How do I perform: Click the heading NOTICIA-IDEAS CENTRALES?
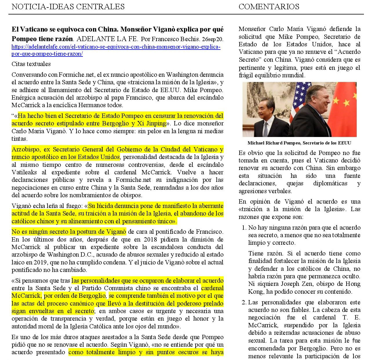point(68,7)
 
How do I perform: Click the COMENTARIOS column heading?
point(269,7)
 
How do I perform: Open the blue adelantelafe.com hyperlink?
point(116,50)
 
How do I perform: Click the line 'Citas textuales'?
point(31,64)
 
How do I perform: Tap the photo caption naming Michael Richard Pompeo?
point(299,143)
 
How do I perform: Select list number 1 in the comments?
point(244,228)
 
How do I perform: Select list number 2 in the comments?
point(244,302)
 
